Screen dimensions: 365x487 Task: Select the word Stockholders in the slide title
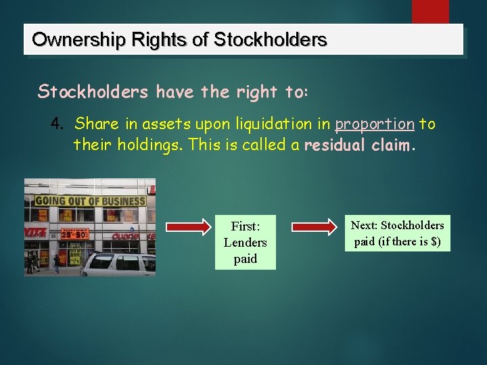click(x=271, y=40)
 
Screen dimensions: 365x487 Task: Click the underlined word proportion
click(x=375, y=124)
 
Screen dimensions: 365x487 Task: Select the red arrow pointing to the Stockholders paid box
click(x=315, y=226)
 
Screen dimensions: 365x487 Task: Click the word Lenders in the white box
click(x=245, y=242)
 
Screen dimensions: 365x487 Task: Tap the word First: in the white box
click(x=245, y=226)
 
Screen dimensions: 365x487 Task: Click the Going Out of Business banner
click(x=90, y=201)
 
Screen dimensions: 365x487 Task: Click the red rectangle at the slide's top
click(x=430, y=11)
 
